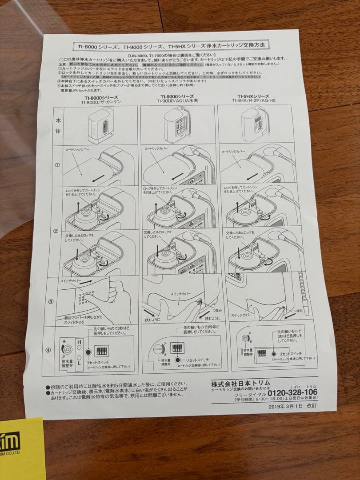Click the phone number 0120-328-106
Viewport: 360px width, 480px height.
tap(293, 392)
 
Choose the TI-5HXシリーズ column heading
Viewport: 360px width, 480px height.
tap(253, 96)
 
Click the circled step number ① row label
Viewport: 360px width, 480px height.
tap(57, 164)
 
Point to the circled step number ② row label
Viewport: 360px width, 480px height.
tap(56, 231)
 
